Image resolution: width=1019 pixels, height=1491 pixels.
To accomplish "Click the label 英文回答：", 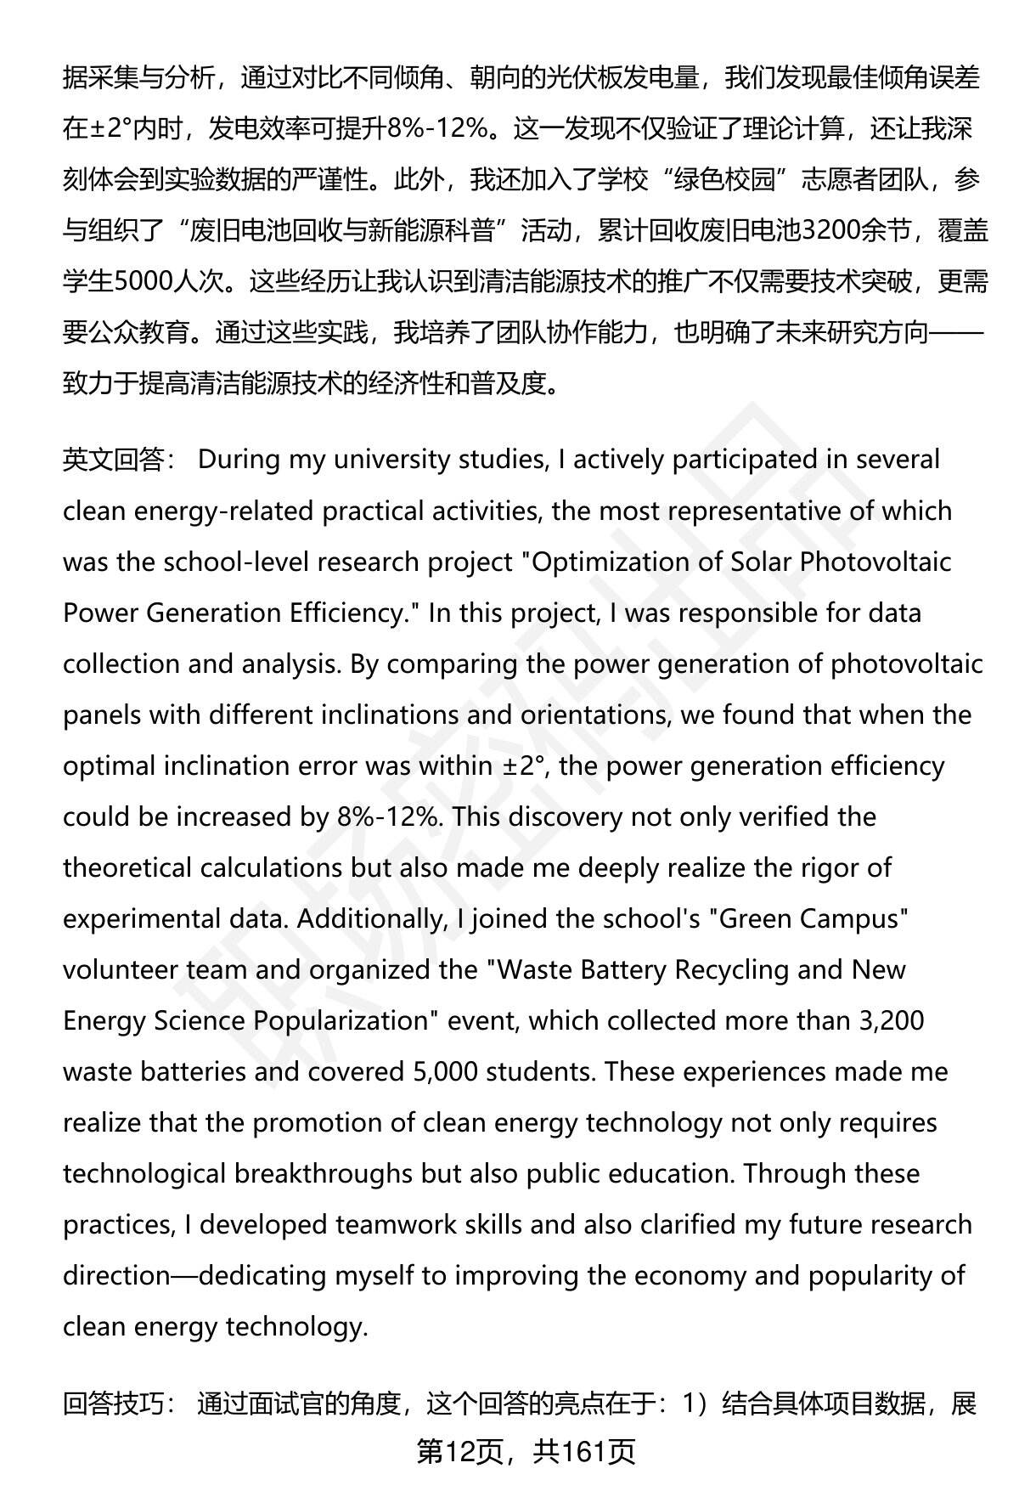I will point(120,460).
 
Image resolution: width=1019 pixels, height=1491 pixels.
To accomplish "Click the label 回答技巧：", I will point(120,1404).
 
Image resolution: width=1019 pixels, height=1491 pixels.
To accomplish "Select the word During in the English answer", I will point(239,460).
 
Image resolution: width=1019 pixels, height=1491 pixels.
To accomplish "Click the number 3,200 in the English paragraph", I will point(892,1020).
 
